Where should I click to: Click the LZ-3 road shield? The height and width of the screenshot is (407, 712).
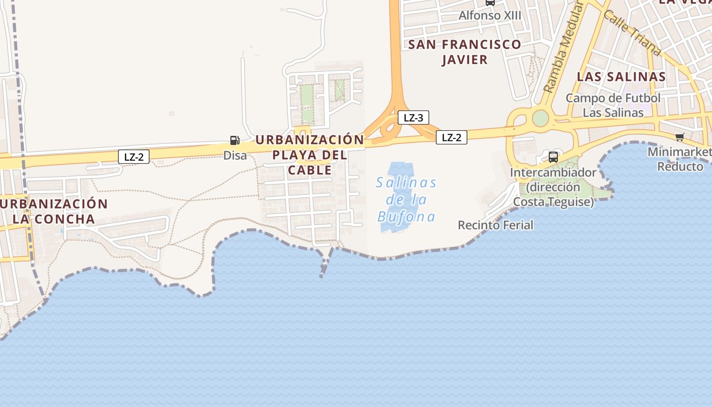click(413, 118)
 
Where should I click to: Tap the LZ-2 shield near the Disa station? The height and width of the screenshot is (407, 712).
click(134, 157)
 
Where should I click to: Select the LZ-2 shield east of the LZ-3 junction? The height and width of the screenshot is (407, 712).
click(451, 137)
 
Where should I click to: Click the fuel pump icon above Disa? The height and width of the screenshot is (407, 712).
click(234, 140)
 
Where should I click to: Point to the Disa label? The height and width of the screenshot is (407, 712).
click(235, 156)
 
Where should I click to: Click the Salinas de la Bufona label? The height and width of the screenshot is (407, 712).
click(406, 199)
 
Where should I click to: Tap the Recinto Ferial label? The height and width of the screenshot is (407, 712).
click(495, 225)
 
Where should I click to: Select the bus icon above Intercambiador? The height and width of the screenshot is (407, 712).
click(553, 157)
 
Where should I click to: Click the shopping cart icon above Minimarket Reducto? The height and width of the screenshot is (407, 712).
click(679, 136)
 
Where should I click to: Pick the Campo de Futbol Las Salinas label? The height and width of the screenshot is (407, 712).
click(613, 105)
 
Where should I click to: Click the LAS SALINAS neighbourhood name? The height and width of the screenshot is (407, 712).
click(621, 77)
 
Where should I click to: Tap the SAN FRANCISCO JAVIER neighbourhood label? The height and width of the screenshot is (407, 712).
click(465, 52)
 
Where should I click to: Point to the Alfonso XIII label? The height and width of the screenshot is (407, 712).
click(490, 15)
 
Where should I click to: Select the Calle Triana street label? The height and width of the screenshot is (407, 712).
click(632, 32)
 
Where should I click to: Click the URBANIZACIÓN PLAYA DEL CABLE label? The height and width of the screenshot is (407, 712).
click(310, 155)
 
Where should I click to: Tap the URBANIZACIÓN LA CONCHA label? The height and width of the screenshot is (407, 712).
click(54, 212)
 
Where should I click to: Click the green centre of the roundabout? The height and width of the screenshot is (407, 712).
click(540, 118)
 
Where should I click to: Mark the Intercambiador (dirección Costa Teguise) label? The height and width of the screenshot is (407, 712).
click(553, 187)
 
